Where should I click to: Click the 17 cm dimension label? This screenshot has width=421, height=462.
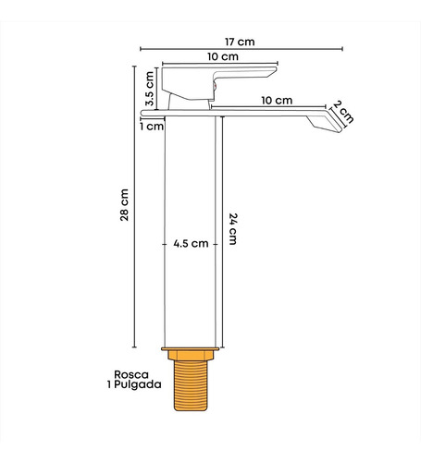click(240, 42)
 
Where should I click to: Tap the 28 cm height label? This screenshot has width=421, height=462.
click(125, 205)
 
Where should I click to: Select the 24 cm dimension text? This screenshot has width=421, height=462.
click(233, 229)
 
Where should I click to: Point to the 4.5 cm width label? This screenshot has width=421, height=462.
click(191, 244)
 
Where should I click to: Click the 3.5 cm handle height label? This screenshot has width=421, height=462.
click(150, 89)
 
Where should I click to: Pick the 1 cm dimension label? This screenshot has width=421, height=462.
click(152, 127)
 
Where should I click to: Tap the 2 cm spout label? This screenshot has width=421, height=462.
click(343, 112)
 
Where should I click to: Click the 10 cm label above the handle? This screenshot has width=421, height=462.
click(223, 56)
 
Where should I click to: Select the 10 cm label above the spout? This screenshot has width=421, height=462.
click(277, 101)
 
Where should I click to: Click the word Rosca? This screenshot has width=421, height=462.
click(131, 374)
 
